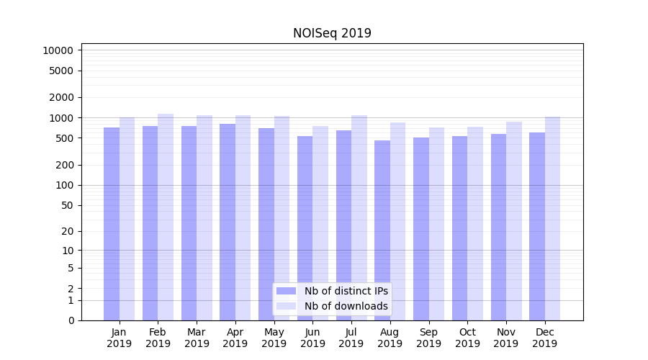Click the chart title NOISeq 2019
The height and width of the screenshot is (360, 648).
(x=332, y=33)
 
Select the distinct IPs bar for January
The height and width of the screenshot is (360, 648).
(x=112, y=223)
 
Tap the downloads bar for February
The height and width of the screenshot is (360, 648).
(x=166, y=216)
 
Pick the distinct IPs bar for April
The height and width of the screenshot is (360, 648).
(x=228, y=222)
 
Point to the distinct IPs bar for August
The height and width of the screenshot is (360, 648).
(x=382, y=230)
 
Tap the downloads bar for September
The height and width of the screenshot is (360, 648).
(x=436, y=223)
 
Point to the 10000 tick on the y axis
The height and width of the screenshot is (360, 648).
(x=58, y=50)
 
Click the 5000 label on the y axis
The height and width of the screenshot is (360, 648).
(x=60, y=71)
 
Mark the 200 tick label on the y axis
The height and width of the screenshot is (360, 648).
(x=63, y=165)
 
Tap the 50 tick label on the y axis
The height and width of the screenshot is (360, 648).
(x=66, y=205)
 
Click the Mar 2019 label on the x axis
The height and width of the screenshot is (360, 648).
(x=197, y=338)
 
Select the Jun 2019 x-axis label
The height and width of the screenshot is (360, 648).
(x=312, y=338)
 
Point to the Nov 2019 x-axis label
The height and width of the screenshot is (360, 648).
(x=506, y=338)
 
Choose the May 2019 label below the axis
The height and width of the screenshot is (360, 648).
(x=274, y=338)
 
